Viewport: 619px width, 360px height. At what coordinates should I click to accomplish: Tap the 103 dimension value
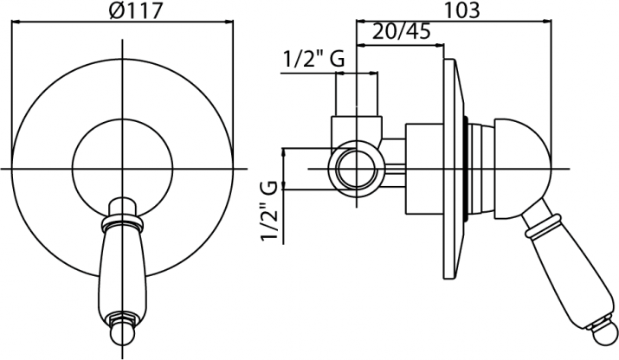(x=462, y=10)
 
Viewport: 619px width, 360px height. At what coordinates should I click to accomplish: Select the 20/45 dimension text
(x=401, y=31)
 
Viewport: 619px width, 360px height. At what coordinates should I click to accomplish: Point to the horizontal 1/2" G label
(x=314, y=59)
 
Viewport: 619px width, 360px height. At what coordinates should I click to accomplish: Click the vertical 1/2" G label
(x=269, y=211)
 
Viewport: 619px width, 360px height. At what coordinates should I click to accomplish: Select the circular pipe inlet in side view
(x=357, y=169)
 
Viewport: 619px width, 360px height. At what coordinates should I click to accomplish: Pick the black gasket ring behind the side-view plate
(x=467, y=169)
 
